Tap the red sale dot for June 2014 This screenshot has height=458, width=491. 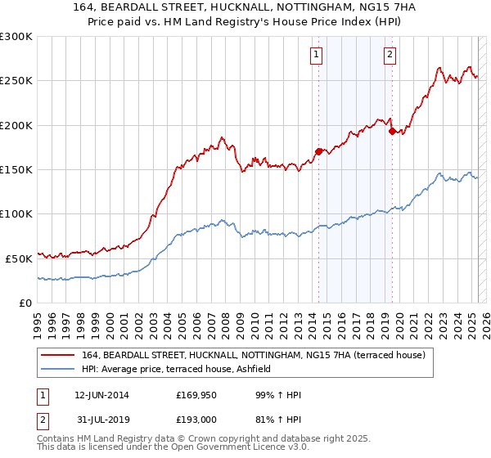pyautogui.click(x=318, y=150)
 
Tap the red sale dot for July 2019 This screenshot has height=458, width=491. pyautogui.click(x=392, y=130)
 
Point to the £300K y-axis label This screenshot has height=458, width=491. pyautogui.click(x=16, y=37)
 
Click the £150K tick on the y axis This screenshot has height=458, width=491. pyautogui.click(x=16, y=169)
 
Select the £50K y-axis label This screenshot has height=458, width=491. pyautogui.click(x=19, y=258)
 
